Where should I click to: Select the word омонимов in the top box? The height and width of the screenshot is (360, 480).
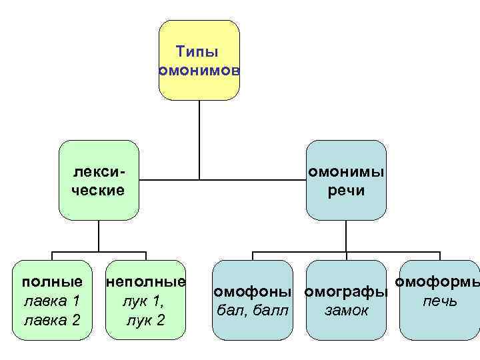pyautogui.click(x=199, y=71)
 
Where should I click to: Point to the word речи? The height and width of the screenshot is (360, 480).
pyautogui.click(x=346, y=191)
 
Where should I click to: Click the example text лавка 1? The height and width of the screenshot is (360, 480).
pyautogui.click(x=53, y=301)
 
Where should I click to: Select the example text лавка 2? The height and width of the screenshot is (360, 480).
pyautogui.click(x=53, y=320)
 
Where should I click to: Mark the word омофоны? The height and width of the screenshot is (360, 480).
pyautogui.click(x=252, y=291)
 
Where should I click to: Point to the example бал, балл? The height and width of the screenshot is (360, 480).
pyautogui.click(x=252, y=310)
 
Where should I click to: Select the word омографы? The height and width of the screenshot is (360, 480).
pyautogui.click(x=346, y=291)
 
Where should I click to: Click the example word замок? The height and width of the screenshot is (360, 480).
pyautogui.click(x=346, y=310)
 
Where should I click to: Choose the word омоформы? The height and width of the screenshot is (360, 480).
pyautogui.click(x=437, y=282)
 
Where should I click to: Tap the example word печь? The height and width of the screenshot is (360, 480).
pyautogui.click(x=439, y=301)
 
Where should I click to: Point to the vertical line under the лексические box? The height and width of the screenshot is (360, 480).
pyautogui.click(x=99, y=236)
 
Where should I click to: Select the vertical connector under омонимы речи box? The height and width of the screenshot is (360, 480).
pyautogui.click(x=346, y=236)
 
